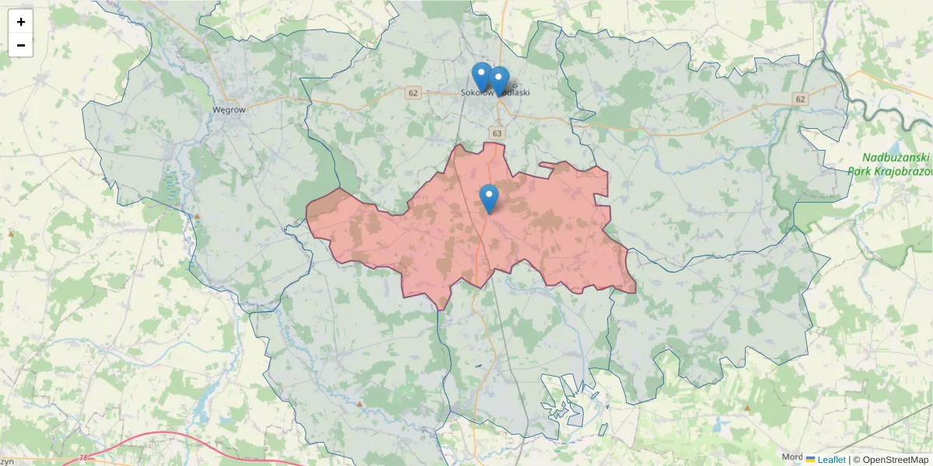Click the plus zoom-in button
[21, 22]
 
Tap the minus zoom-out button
[21, 45]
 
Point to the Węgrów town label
[229, 110]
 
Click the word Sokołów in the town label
[477, 92]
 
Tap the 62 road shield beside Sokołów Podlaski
[413, 93]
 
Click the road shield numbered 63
[497, 134]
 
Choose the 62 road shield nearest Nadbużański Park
[800, 99]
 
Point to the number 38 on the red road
[83, 457]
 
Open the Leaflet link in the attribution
[831, 460]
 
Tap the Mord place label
[792, 457]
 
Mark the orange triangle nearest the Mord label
[748, 408]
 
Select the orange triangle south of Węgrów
[197, 216]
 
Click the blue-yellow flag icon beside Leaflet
[810, 460]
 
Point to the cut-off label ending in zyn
[7, 461]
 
